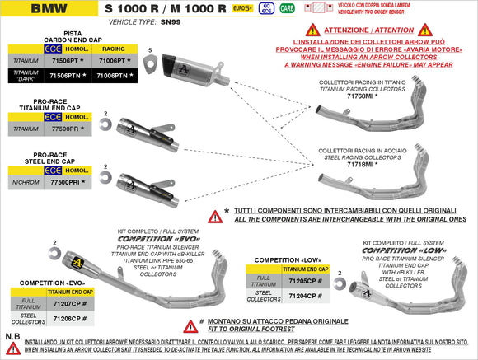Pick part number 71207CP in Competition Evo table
tap(68, 302)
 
